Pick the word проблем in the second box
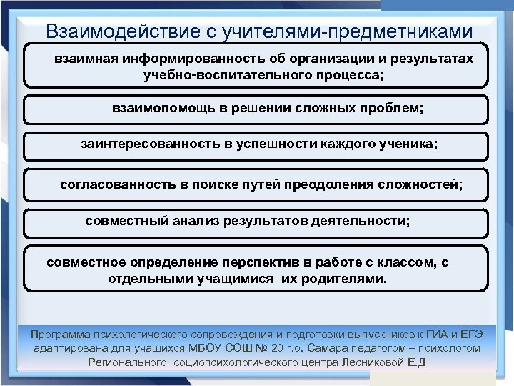pyautogui.click(x=391, y=109)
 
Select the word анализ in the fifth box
pyautogui.click(x=202, y=220)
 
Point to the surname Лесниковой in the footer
pyautogui.click(x=367, y=362)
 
